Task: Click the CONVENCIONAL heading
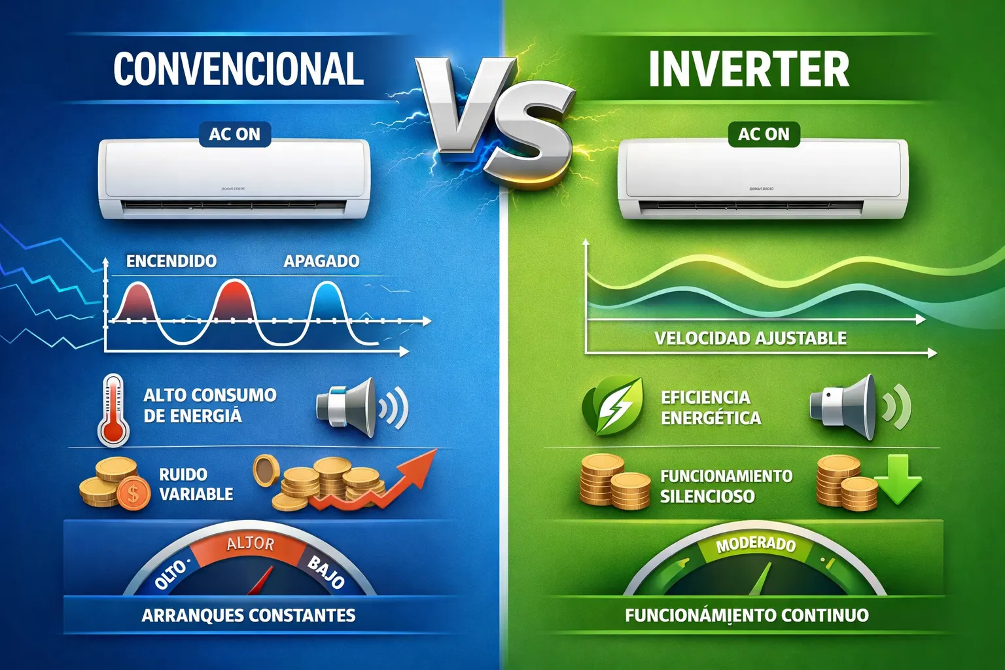238,69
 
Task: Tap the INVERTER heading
749,69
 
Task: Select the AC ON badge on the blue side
234,134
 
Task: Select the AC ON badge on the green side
764,134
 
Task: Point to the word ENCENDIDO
171,261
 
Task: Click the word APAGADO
321,261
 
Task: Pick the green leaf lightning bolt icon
611,406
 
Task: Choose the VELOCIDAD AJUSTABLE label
750,338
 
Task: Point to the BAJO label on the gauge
326,571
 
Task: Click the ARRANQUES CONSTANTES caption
249,615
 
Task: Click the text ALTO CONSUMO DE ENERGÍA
209,405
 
